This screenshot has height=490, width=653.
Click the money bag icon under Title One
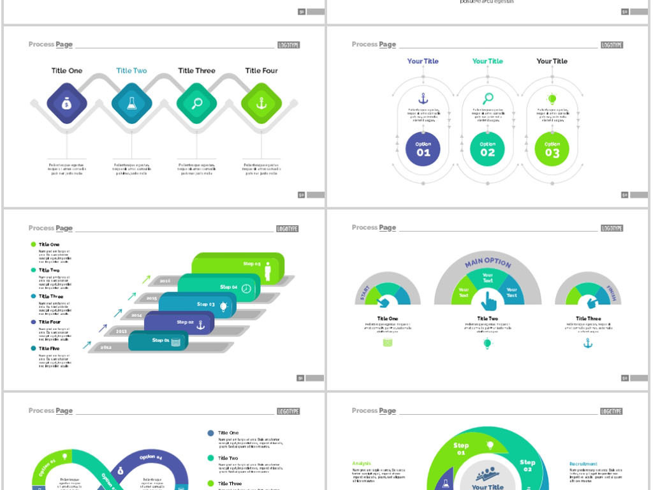[x=67, y=103]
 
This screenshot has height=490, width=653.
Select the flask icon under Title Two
[x=131, y=103]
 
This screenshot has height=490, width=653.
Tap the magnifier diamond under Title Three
[x=196, y=103]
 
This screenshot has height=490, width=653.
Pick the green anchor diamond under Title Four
[x=261, y=103]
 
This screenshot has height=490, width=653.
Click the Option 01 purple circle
[x=423, y=149]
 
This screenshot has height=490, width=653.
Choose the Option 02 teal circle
[x=487, y=149]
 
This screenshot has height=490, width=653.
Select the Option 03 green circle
[x=552, y=149]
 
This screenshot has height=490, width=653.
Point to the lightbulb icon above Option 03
[x=552, y=99]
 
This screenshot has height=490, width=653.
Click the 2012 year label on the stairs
[x=106, y=347]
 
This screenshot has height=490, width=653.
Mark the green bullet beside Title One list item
[x=33, y=244]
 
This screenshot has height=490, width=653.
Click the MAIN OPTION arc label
[x=488, y=262]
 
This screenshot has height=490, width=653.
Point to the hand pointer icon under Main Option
[x=488, y=301]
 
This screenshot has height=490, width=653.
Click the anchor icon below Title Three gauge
[x=588, y=343]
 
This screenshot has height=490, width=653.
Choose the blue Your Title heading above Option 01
[x=423, y=61]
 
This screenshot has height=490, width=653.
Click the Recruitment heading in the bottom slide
[x=583, y=464]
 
